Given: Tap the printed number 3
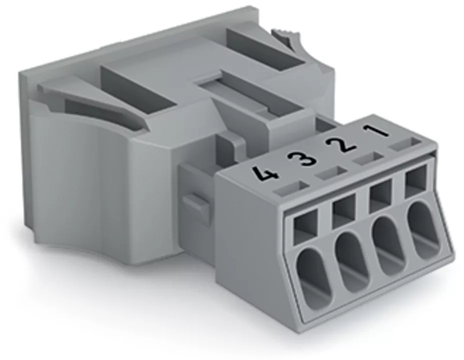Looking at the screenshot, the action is pos(305,157).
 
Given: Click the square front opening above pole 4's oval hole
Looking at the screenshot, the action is pos(305,226).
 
